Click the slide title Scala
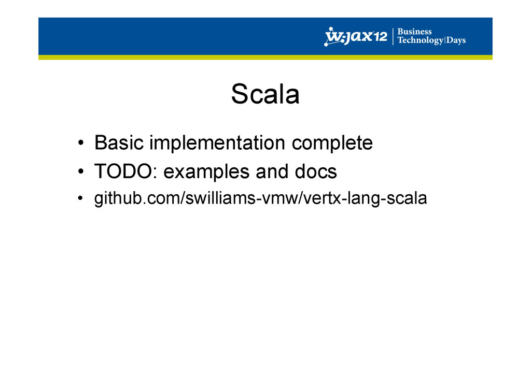265,94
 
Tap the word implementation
217,143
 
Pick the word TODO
123,171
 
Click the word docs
316,171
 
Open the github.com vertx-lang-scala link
260,198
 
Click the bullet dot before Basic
80,142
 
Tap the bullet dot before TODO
80,171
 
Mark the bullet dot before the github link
80,198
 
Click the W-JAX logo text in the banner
356,36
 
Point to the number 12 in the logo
380,36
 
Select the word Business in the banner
414,32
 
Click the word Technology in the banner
420,40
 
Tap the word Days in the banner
456,40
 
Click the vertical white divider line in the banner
393,37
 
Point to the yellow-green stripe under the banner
265,57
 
